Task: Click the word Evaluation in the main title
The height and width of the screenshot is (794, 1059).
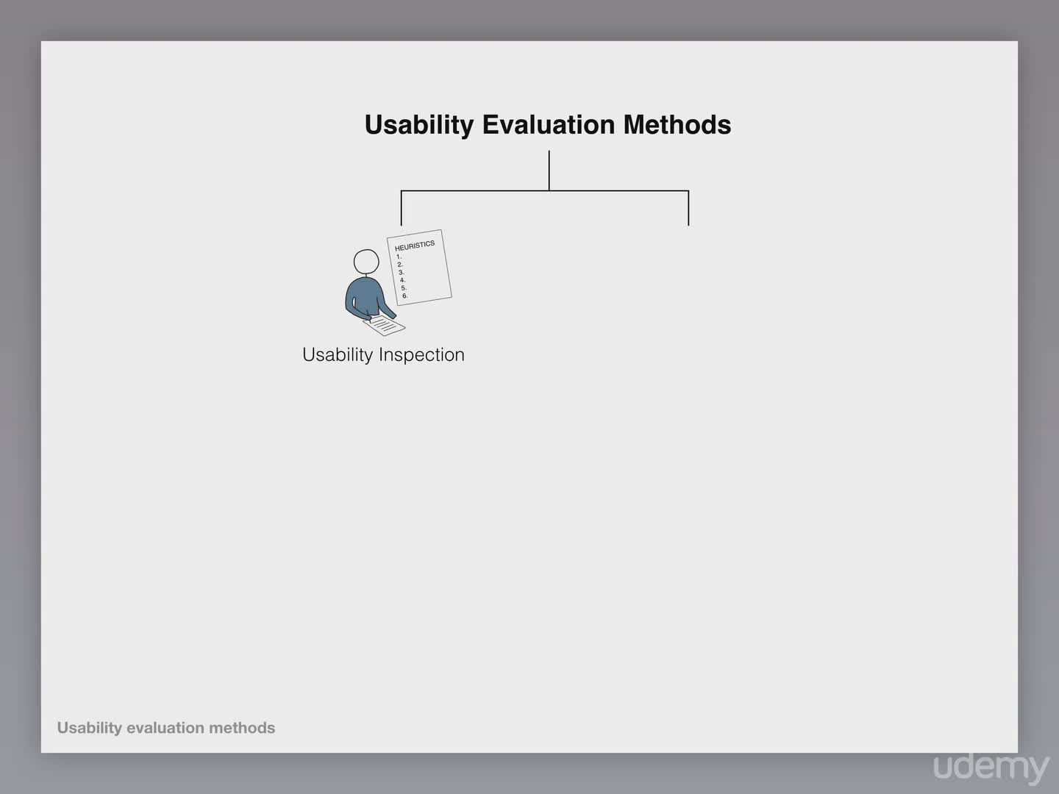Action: point(549,124)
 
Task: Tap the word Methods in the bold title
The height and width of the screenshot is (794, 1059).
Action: point(677,124)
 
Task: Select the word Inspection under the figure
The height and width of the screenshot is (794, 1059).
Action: point(421,355)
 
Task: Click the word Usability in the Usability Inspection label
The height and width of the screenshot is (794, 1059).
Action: point(338,355)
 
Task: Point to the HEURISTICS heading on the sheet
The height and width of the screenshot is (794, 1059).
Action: point(415,246)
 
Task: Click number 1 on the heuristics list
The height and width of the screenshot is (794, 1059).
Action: point(399,257)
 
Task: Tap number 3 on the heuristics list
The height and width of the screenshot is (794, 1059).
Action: point(401,272)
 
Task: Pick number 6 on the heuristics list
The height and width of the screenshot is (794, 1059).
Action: point(404,296)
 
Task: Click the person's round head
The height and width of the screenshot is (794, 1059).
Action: point(366,262)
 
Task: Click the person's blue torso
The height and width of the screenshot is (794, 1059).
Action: point(366,297)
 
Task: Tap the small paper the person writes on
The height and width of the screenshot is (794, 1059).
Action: point(385,326)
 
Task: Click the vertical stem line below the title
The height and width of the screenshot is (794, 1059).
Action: point(549,171)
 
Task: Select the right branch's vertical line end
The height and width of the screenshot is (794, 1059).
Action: point(688,226)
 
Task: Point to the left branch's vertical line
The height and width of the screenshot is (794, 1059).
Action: point(401,208)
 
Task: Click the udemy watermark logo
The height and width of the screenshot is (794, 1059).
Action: point(991,768)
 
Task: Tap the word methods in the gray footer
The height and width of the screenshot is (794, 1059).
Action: point(242,728)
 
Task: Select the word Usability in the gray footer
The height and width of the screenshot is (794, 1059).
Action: point(89,728)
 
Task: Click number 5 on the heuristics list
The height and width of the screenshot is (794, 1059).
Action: point(404,288)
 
